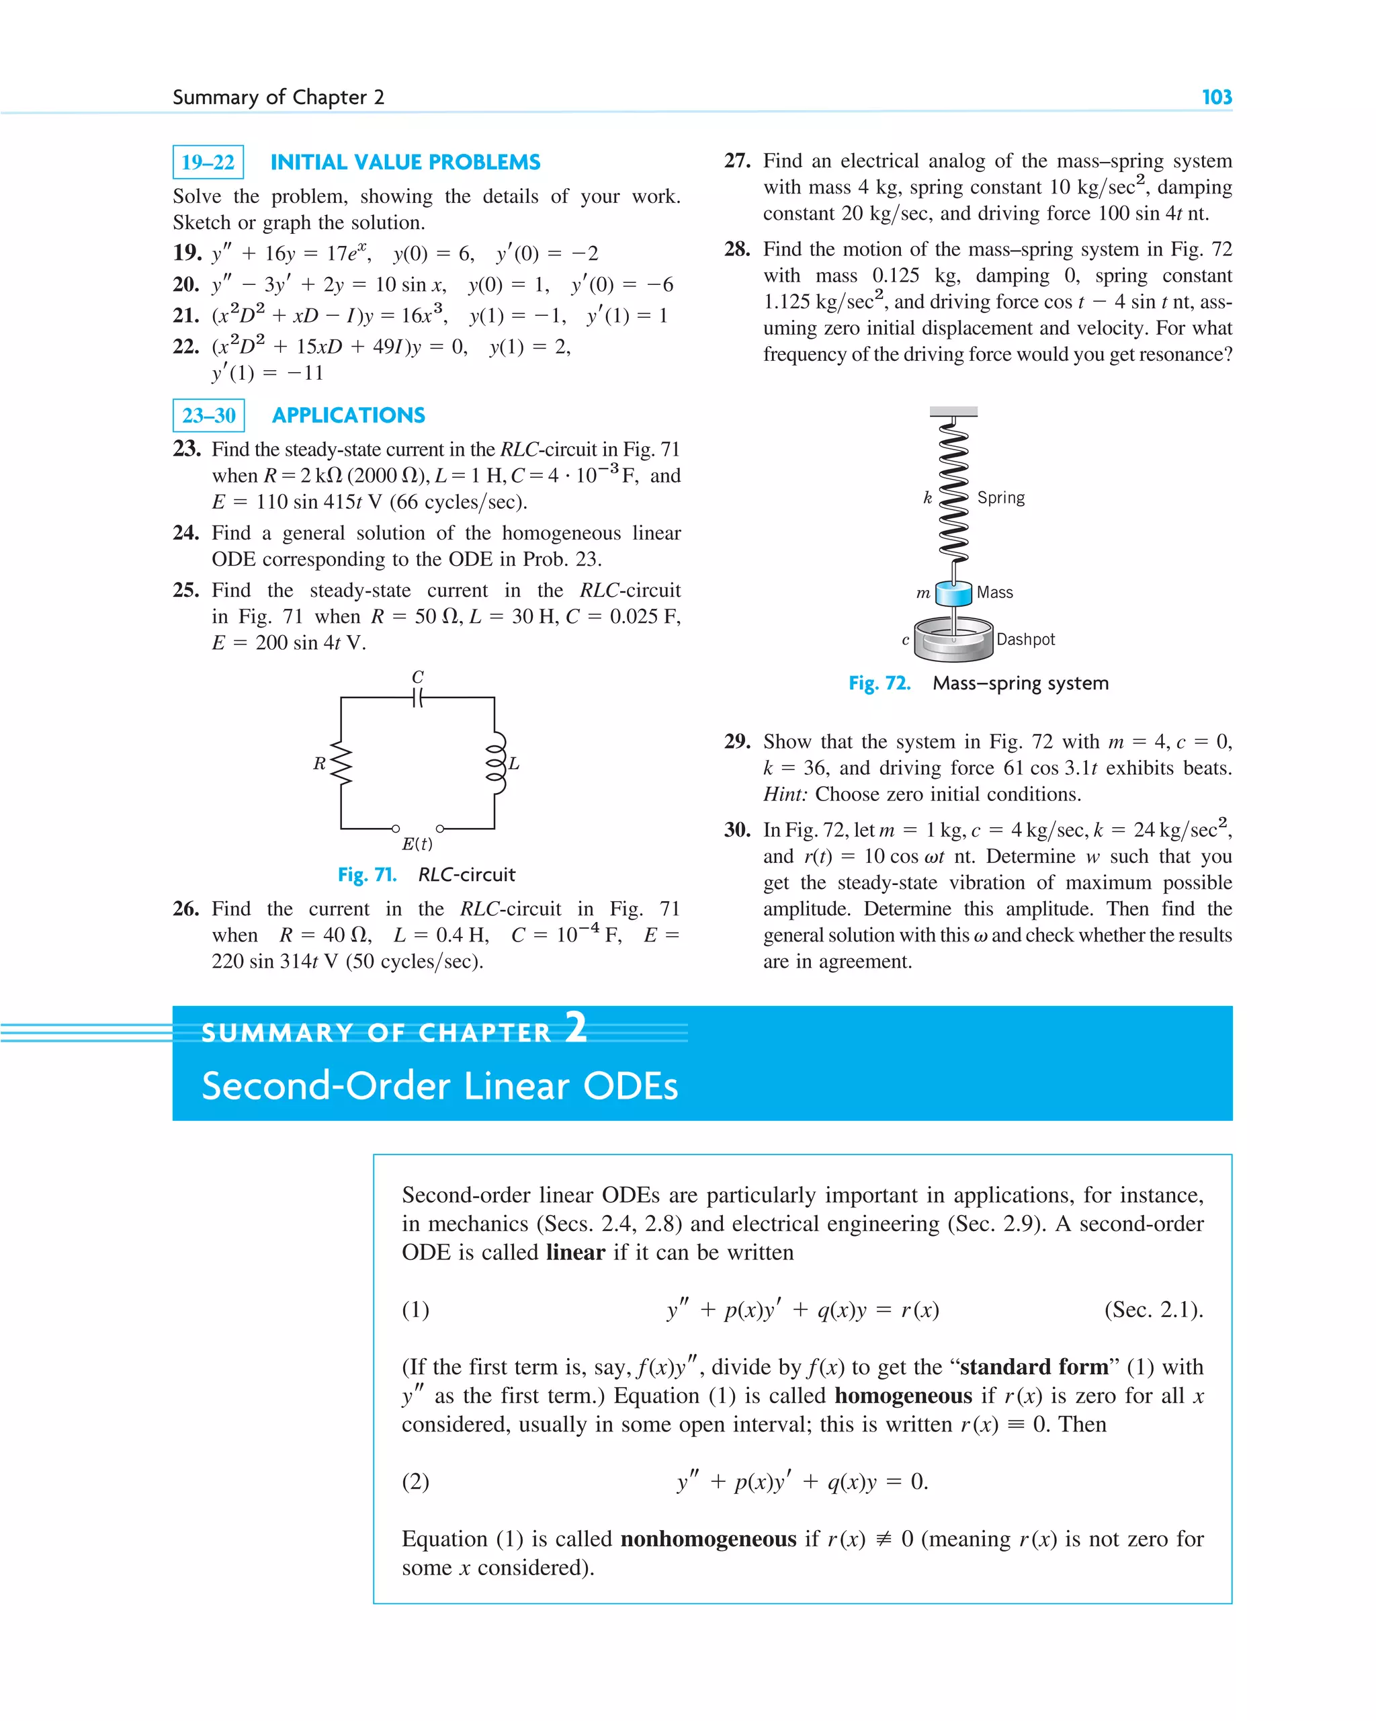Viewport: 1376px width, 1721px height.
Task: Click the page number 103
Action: click(x=1216, y=97)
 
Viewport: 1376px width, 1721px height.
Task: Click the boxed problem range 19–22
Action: click(x=208, y=162)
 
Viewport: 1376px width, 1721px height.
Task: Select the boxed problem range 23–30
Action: click(x=208, y=415)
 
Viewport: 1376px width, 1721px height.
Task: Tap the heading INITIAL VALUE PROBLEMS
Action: click(x=404, y=162)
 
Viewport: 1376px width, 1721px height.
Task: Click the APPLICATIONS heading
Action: click(x=348, y=415)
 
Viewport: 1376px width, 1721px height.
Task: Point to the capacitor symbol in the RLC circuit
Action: click(x=417, y=698)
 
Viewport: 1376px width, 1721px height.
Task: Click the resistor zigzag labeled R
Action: click(x=341, y=763)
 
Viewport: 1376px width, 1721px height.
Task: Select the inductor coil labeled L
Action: click(x=496, y=763)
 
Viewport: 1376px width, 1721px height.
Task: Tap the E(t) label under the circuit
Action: click(x=417, y=844)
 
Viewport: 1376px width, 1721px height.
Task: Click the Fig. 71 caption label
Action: click(x=366, y=875)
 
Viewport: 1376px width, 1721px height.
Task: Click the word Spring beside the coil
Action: click(x=1001, y=498)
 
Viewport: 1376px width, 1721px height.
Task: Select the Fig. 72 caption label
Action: click(x=879, y=683)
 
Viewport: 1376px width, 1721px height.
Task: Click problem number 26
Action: click(x=185, y=909)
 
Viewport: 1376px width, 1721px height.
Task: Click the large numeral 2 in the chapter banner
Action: click(x=576, y=1027)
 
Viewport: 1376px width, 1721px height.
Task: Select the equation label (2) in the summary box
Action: click(x=415, y=1482)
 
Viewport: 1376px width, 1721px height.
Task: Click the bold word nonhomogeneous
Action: click(x=708, y=1539)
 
